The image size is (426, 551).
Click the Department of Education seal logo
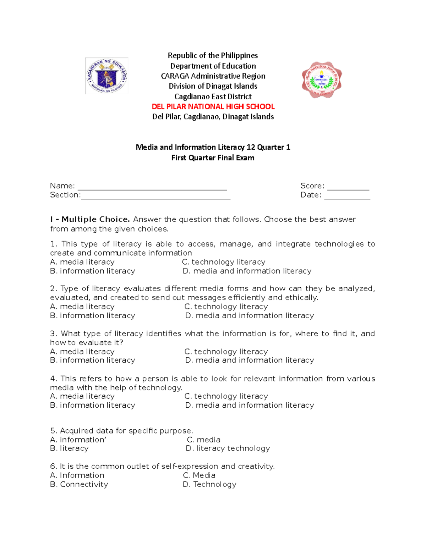(106, 76)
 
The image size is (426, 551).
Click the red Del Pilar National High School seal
(322, 80)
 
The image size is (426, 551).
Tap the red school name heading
(213, 106)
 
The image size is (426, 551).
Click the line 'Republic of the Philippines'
(213, 55)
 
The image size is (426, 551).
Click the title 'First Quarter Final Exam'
(213, 158)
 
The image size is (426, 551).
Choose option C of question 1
(224, 262)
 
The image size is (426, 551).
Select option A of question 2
(82, 307)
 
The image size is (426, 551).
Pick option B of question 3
(93, 360)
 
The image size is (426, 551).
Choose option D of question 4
(250, 405)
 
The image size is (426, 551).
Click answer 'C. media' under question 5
(204, 440)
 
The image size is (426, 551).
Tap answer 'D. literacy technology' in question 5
(228, 448)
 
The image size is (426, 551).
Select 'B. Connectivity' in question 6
(79, 484)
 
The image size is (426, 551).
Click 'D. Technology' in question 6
(209, 484)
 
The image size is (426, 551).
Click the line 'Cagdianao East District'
(213, 97)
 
